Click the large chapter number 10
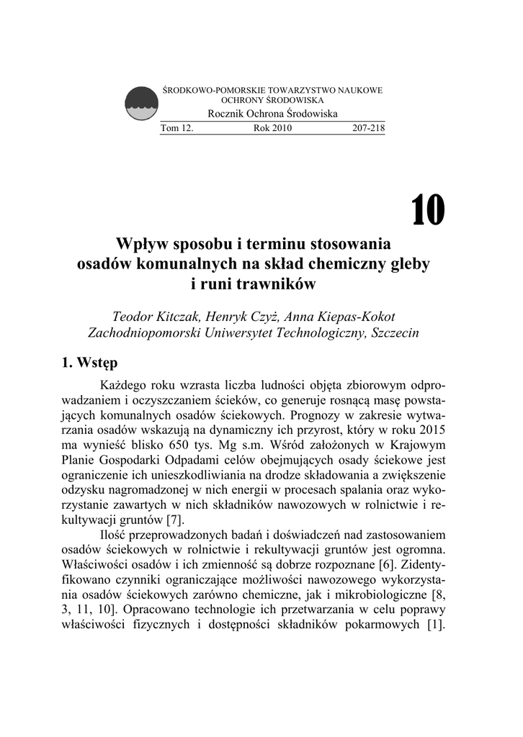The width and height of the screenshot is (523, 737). pyautogui.click(x=428, y=209)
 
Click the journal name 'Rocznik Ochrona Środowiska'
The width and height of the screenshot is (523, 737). pyautogui.click(x=272, y=115)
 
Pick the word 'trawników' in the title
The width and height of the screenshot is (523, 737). pyautogui.click(x=285, y=284)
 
